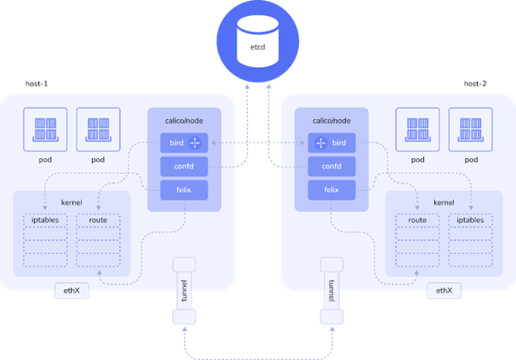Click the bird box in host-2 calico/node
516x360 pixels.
point(331,143)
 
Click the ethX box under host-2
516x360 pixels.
point(445,290)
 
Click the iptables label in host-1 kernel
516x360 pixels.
point(46,221)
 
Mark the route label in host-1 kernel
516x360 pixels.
point(98,221)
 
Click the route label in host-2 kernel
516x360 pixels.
point(417,221)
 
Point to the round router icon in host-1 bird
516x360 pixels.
point(195,143)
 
